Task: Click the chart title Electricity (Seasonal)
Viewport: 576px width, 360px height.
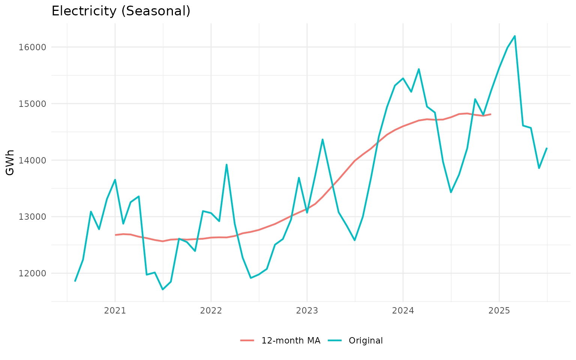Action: (x=121, y=11)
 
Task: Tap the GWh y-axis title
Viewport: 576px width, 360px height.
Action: (x=10, y=162)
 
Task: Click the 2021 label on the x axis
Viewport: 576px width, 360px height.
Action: (x=115, y=310)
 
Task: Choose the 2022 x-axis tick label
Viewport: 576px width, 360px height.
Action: (x=211, y=310)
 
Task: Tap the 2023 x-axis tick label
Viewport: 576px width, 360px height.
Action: (x=307, y=310)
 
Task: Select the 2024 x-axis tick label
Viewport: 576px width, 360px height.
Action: (x=403, y=310)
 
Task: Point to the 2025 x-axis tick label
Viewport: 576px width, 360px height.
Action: (x=499, y=310)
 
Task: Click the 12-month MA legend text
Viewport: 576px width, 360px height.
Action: (x=291, y=340)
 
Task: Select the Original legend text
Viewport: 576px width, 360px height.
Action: (x=366, y=340)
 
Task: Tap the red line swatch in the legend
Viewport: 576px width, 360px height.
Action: (x=247, y=340)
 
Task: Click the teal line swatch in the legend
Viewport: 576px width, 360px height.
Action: (x=335, y=340)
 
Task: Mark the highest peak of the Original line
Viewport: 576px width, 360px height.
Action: (x=515, y=36)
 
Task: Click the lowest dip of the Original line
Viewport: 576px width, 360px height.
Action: (x=163, y=289)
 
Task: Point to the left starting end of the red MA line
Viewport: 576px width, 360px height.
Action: (x=115, y=235)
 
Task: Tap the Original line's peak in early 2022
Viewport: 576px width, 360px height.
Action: (x=226, y=164)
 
